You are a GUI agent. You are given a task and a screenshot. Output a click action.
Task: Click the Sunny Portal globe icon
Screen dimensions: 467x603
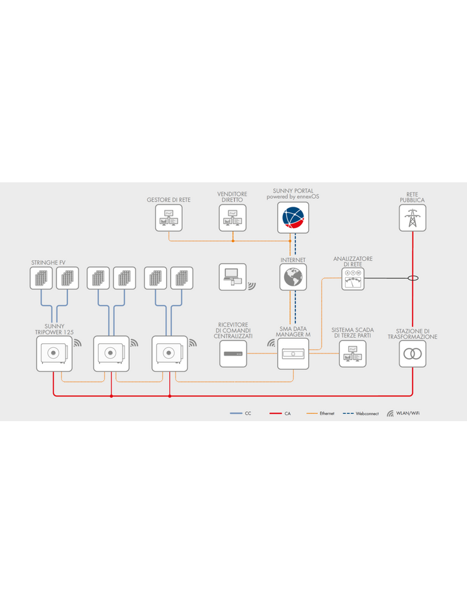(x=293, y=218)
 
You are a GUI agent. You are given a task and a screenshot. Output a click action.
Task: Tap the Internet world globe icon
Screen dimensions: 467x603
(x=293, y=277)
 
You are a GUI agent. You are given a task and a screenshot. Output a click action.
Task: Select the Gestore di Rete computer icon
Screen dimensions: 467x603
(x=169, y=218)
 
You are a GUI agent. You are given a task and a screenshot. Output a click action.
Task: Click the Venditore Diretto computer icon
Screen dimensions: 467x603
(x=233, y=218)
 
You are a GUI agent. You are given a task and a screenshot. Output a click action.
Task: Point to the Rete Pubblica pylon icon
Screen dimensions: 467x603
(x=413, y=218)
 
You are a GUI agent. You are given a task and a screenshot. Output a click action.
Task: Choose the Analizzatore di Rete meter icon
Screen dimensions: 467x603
(x=353, y=279)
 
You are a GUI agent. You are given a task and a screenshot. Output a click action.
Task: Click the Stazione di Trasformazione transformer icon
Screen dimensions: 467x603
(x=413, y=354)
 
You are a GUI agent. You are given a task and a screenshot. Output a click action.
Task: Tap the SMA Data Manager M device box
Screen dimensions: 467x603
(x=293, y=354)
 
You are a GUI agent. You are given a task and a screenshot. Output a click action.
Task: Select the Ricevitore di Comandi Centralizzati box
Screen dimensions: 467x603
(x=233, y=354)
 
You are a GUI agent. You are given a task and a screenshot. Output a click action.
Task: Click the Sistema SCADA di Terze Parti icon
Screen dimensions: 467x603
(x=353, y=354)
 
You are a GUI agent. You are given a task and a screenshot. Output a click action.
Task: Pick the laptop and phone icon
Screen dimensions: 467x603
(x=233, y=277)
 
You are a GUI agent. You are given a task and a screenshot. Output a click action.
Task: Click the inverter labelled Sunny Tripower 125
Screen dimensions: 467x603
(x=54, y=354)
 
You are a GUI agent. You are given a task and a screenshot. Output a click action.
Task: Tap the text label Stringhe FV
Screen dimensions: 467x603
(x=48, y=263)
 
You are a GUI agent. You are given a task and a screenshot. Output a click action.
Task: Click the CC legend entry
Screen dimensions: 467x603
(x=241, y=413)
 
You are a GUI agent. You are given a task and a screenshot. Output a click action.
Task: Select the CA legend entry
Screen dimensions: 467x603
(x=280, y=413)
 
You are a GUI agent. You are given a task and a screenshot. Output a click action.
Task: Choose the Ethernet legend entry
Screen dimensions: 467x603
(x=320, y=413)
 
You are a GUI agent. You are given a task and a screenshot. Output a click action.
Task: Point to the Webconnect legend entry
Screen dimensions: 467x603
(x=361, y=413)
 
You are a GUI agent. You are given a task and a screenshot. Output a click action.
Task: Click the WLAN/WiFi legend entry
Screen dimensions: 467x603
(x=403, y=413)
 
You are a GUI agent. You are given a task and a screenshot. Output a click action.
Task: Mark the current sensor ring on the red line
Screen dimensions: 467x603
(x=413, y=279)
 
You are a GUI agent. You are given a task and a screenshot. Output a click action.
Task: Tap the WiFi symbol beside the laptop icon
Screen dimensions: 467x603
(x=252, y=286)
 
